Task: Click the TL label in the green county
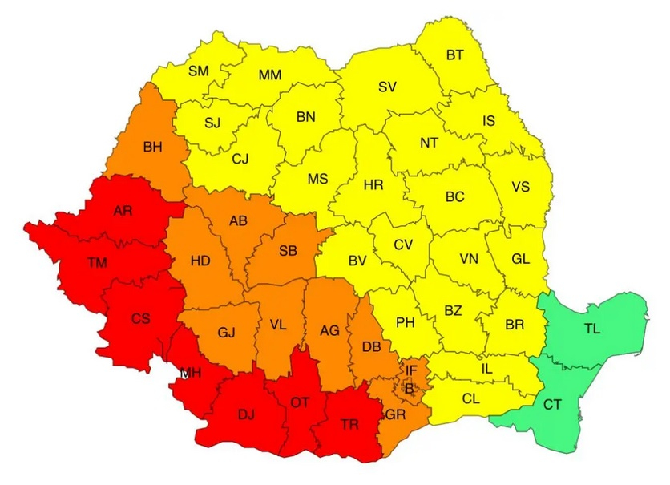click(x=592, y=329)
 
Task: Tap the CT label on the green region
click(x=552, y=405)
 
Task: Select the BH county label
click(x=151, y=147)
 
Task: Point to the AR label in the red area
click(x=123, y=211)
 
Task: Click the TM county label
click(x=97, y=262)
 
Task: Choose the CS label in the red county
click(x=141, y=318)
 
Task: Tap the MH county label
click(x=191, y=373)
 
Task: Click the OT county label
click(x=299, y=403)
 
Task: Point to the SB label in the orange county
click(x=288, y=251)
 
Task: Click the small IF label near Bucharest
click(x=411, y=370)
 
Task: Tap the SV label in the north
click(x=387, y=86)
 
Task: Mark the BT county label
click(x=454, y=55)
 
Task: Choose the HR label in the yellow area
click(x=373, y=185)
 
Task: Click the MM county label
click(x=269, y=75)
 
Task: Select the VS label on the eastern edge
click(x=521, y=187)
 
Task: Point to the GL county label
click(x=521, y=259)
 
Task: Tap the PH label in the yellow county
click(x=406, y=323)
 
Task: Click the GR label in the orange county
click(x=395, y=415)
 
